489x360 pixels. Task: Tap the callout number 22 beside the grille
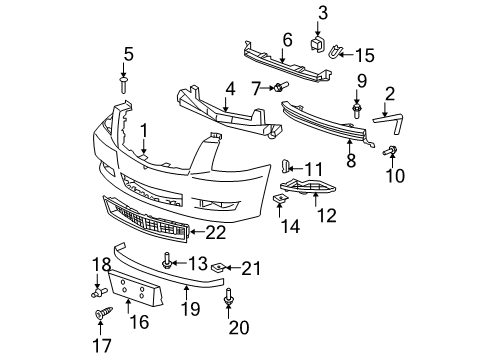pos(216,233)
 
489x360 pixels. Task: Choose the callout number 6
pos(286,39)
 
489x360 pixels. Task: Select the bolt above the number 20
pos(232,296)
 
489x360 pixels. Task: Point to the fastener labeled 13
pos(166,261)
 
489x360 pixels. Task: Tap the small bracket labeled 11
pos(285,165)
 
